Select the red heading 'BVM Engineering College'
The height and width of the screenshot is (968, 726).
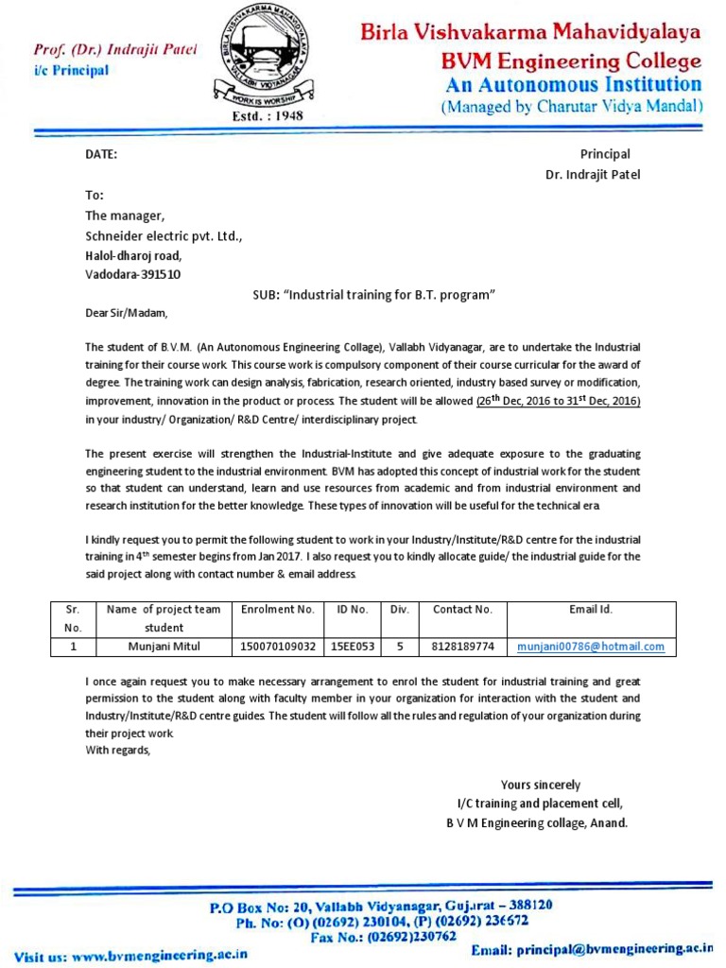pos(572,61)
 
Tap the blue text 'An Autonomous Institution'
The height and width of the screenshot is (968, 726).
pos(573,85)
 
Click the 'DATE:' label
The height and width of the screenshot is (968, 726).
pos(102,155)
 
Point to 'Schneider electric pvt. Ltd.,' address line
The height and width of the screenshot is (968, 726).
pos(164,235)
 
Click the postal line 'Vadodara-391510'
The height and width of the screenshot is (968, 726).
pos(133,275)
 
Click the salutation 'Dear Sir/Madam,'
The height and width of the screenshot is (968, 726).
pos(131,313)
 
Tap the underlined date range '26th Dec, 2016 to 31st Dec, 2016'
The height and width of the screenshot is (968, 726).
pos(559,401)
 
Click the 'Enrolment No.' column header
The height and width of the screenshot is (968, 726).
pos(277,610)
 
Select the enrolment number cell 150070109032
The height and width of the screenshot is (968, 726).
pos(278,647)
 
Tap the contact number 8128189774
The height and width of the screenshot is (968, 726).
pos(462,647)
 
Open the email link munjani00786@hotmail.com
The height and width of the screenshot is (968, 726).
pos(591,647)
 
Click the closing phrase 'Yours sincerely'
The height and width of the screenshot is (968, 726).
pos(540,785)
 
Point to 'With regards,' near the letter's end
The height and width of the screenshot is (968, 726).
pos(117,751)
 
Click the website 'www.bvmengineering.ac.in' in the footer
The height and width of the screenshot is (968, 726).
pos(159,955)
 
